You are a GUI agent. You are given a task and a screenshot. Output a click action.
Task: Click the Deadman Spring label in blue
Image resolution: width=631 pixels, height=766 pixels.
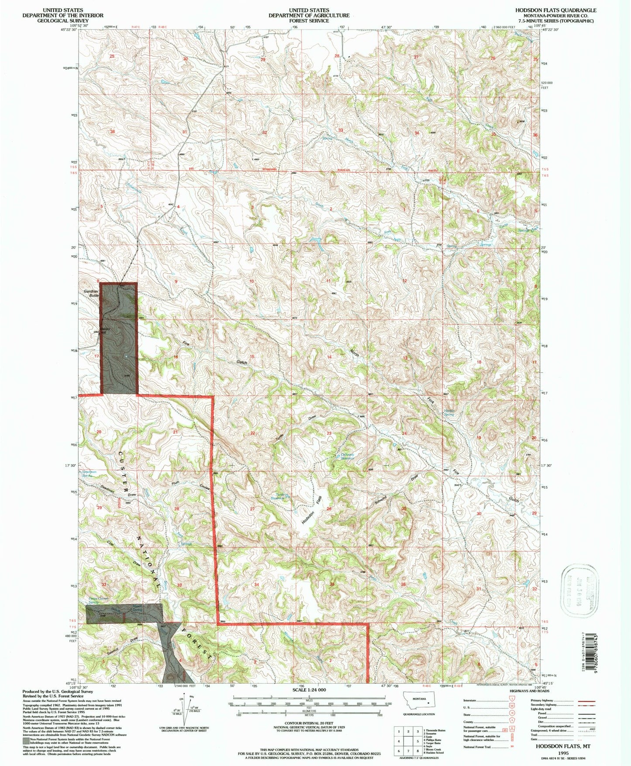pyautogui.click(x=89, y=474)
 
